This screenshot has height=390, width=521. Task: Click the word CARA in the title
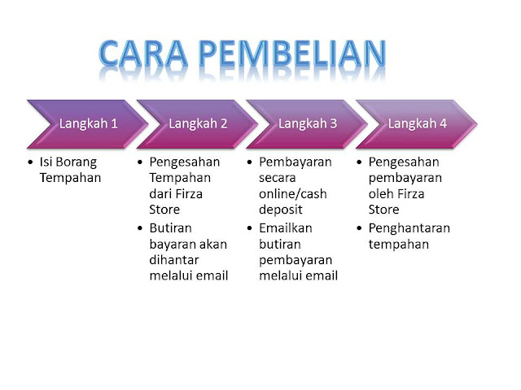[143, 53]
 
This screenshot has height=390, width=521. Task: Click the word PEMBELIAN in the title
[293, 53]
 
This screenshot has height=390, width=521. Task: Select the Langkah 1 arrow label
[89, 123]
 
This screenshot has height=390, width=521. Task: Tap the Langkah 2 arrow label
[198, 123]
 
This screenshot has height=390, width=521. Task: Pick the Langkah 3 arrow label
[308, 123]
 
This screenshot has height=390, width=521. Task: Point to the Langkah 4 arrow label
[418, 123]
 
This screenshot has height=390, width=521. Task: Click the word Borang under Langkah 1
[77, 162]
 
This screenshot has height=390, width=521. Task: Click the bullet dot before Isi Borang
[31, 162]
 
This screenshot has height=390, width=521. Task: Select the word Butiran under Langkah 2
[170, 228]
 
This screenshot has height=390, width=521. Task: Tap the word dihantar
[174, 260]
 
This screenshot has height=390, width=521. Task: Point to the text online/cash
[293, 193]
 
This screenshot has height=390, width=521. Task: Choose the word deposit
[280, 210]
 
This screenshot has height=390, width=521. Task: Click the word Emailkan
[286, 228]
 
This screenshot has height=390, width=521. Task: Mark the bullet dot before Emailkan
[250, 228]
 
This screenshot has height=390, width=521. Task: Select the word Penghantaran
[409, 229]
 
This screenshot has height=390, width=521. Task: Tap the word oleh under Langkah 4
[380, 193]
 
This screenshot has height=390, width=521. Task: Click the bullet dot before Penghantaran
[359, 228]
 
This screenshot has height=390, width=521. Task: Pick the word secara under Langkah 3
[277, 178]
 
